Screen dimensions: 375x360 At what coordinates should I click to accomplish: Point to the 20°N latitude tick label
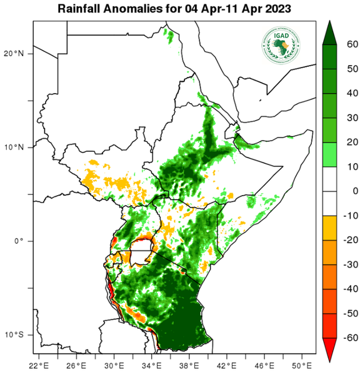(x=15, y=53)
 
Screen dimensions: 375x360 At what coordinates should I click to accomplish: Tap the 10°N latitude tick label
(x=15, y=147)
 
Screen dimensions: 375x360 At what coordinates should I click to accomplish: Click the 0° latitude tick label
(x=19, y=241)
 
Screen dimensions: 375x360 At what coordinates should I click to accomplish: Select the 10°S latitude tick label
(x=15, y=334)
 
